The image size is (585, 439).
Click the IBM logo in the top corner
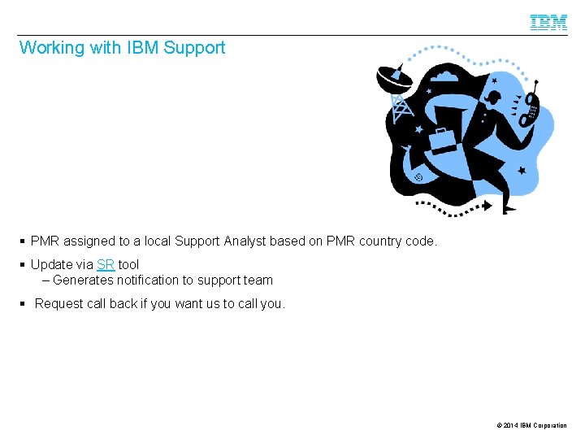pos(548,22)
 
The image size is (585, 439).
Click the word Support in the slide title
pos(194,48)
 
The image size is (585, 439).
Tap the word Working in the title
pos(51,48)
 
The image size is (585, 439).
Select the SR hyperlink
pos(105,264)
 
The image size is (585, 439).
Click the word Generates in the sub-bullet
pos(82,280)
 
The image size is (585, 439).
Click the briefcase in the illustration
pos(443,140)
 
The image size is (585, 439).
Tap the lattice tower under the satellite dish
pos(399,106)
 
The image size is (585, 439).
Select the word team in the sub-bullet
pos(258,280)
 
